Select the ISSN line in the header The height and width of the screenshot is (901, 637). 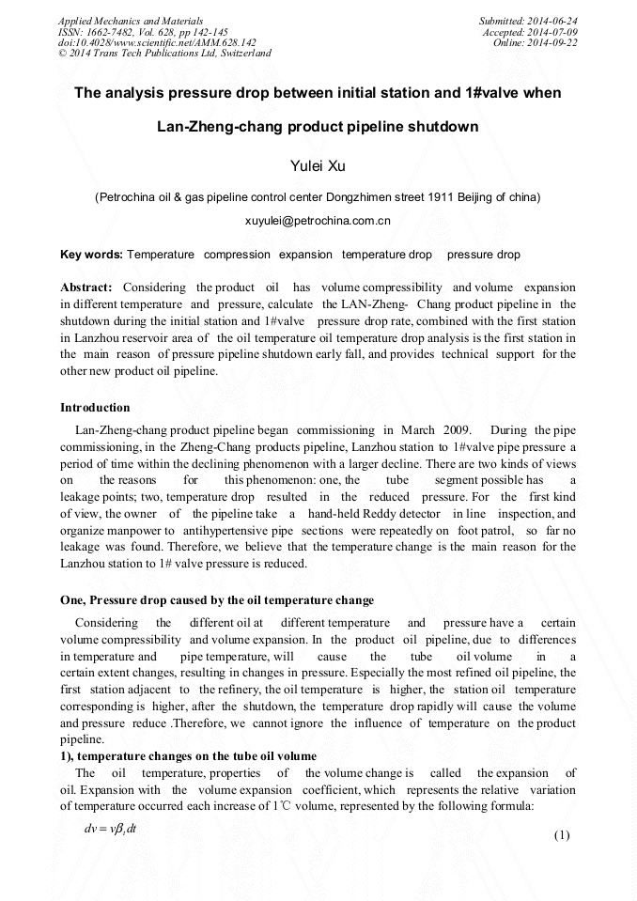[143, 32]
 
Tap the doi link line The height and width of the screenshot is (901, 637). [157, 43]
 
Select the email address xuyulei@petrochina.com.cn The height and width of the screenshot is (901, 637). [318, 222]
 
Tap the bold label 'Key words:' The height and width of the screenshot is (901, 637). [91, 255]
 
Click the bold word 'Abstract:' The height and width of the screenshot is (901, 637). [86, 287]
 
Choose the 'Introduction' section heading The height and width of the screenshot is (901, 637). [95, 408]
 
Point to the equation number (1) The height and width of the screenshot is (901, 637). [562, 835]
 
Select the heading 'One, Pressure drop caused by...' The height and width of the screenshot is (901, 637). [217, 600]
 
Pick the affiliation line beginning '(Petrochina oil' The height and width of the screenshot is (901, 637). [318, 197]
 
